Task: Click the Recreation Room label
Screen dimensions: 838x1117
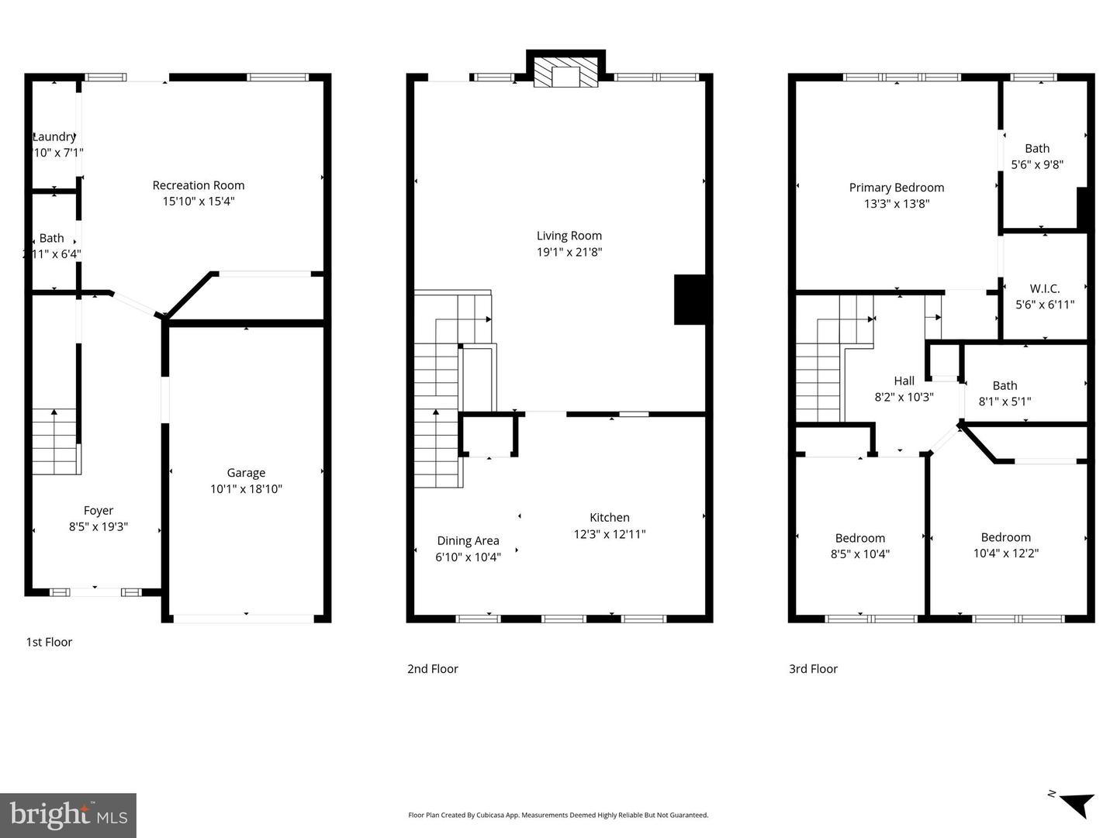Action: click(199, 185)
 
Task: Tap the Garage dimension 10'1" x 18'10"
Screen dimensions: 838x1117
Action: click(246, 489)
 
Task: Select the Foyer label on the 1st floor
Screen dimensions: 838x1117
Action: click(99, 510)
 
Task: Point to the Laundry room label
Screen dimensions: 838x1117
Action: click(54, 136)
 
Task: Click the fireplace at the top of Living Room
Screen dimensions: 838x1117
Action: click(565, 74)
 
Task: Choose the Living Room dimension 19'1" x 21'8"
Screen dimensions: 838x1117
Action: click(569, 252)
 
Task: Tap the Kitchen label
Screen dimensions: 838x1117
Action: click(610, 517)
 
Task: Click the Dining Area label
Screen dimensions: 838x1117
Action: click(468, 540)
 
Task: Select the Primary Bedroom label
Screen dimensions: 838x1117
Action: click(897, 188)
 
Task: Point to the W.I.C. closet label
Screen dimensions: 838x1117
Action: click(1045, 288)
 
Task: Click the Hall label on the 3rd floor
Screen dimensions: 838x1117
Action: click(904, 381)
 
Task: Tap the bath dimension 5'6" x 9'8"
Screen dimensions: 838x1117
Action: click(1037, 164)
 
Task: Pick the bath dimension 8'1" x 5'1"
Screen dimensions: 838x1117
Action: click(1005, 402)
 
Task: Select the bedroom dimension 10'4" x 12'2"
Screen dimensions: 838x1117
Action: click(1006, 553)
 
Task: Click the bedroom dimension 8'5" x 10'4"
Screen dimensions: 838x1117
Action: click(860, 554)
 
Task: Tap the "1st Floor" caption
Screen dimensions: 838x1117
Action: click(49, 642)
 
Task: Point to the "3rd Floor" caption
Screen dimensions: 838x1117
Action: click(813, 669)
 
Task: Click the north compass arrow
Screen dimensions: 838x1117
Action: click(1077, 804)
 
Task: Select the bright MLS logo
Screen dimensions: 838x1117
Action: click(68, 815)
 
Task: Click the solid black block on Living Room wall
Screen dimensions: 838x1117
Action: click(690, 299)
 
